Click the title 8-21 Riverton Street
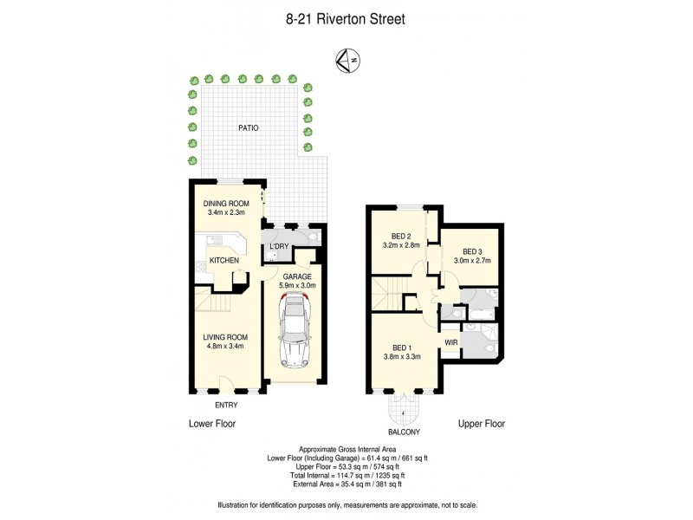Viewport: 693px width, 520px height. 346,17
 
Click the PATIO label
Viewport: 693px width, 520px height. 249,128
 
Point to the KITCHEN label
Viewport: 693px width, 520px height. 223,260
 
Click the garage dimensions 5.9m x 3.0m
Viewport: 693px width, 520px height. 297,285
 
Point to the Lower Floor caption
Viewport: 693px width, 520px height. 212,424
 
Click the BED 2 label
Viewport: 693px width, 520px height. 401,236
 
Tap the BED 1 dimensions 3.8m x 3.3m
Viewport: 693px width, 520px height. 402,355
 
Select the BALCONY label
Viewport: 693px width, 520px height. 403,432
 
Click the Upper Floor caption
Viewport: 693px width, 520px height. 481,424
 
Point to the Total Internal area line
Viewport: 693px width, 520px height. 346,475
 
